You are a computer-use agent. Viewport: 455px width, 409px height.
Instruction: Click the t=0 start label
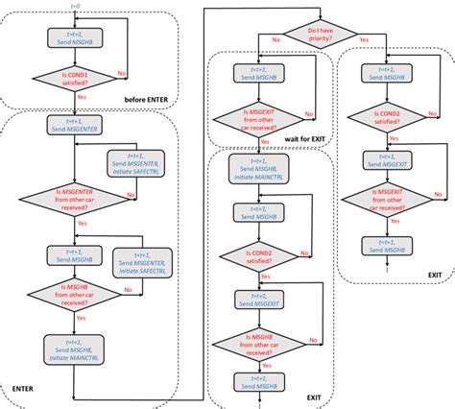point(76,7)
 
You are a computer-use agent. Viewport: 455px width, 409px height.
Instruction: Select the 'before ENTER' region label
point(152,100)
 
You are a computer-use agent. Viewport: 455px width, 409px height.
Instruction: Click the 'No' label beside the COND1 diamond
point(121,73)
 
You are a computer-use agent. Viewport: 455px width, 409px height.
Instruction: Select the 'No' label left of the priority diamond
point(276,40)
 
